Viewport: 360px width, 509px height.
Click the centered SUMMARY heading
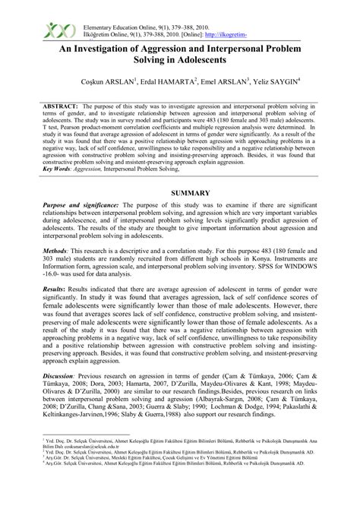pos(179,194)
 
